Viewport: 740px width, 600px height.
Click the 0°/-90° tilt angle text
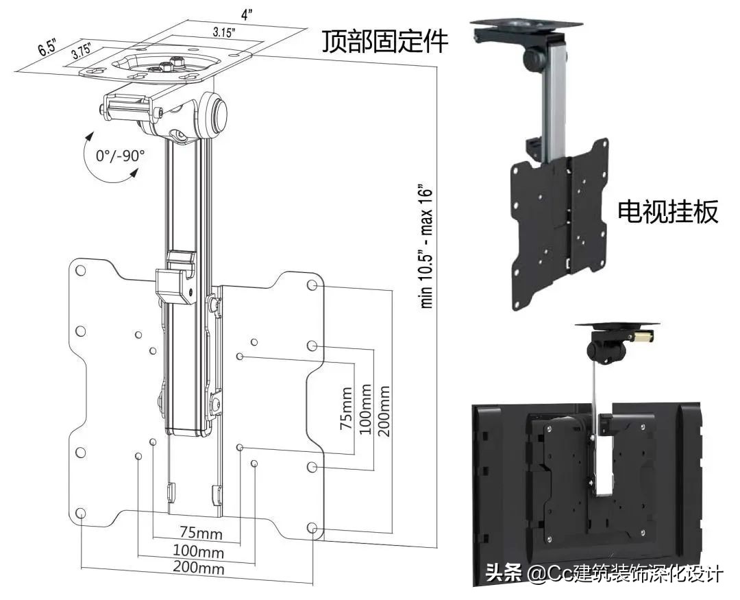point(121,155)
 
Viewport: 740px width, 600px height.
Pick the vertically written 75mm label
point(346,407)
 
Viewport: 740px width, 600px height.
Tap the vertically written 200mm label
point(383,407)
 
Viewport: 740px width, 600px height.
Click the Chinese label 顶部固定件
point(385,42)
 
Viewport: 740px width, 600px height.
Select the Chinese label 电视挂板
point(668,211)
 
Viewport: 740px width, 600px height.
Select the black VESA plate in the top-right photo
point(558,226)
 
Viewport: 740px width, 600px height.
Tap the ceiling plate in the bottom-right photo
point(617,324)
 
